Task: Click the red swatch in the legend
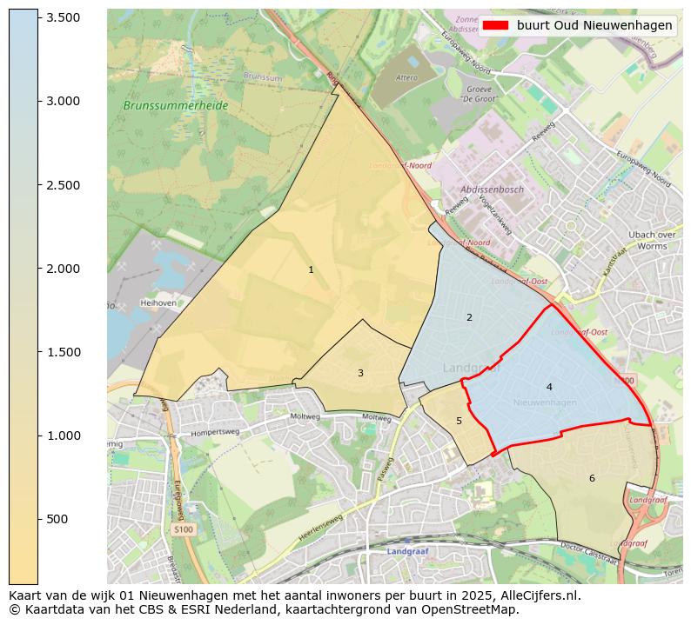point(496,25)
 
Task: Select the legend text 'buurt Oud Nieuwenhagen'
point(594,25)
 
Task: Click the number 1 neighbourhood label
point(311,270)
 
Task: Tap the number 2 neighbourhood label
point(469,317)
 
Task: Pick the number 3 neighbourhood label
point(360,374)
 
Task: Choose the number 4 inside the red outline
point(549,387)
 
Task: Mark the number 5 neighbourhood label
point(459,422)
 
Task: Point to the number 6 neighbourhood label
point(592,478)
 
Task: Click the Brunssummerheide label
point(175,105)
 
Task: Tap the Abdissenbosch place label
point(493,189)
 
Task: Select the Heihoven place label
point(158,303)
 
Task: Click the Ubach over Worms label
point(653,240)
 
